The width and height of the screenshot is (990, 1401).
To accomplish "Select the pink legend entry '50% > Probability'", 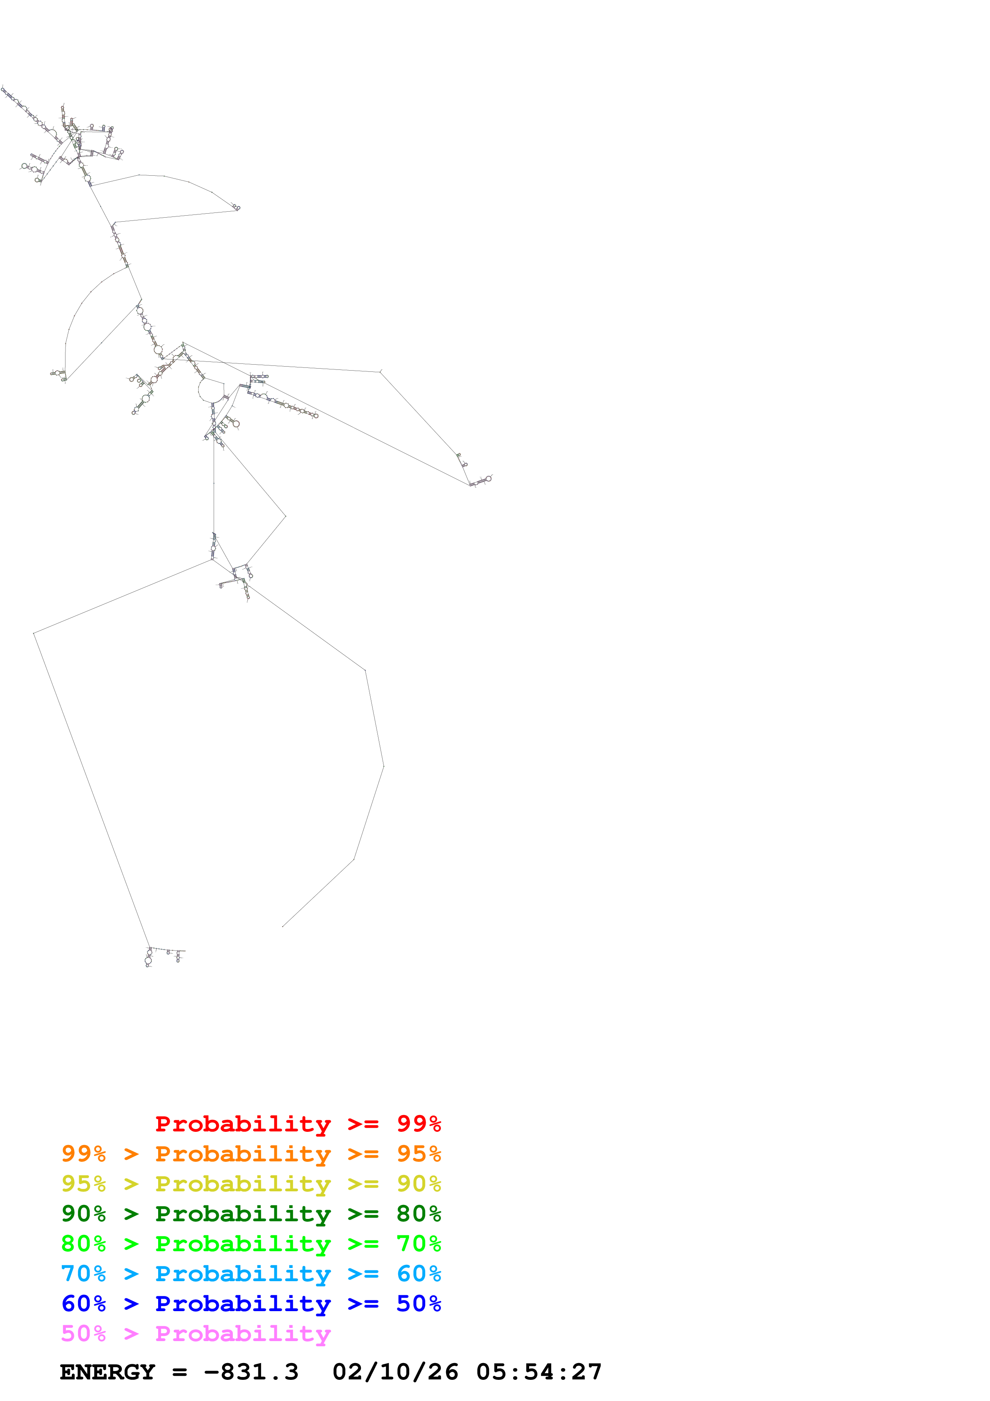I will tap(196, 1333).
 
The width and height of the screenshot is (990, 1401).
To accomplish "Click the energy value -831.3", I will tap(251, 1372).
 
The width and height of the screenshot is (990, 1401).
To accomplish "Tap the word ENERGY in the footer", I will tap(107, 1372).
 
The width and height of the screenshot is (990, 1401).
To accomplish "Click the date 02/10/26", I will tap(395, 1372).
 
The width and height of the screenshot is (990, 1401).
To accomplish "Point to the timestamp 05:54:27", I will tap(539, 1372).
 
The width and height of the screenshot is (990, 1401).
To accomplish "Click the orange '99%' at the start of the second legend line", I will tap(83, 1154).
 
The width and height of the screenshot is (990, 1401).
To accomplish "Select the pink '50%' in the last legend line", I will tap(83, 1333).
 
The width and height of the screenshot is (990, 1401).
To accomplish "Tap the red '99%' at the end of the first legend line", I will tap(419, 1124).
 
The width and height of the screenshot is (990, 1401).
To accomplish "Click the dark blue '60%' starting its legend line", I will tap(83, 1304).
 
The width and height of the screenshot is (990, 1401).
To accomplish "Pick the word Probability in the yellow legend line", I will tap(243, 1184).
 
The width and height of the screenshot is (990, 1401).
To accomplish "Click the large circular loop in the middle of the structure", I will tap(211, 391).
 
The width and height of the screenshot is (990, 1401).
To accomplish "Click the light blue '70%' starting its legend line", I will tap(83, 1274).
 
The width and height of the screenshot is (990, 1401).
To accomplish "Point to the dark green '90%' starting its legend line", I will tap(83, 1214).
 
